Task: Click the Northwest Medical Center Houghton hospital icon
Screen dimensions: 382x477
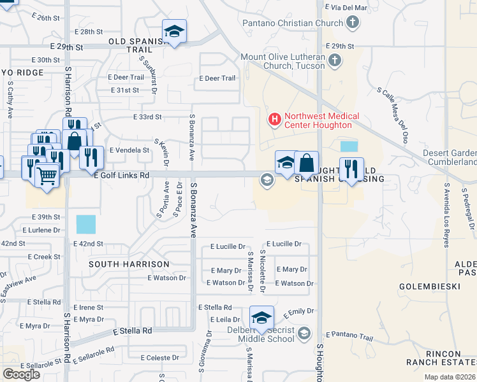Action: point(275,118)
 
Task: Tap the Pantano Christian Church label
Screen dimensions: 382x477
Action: point(293,23)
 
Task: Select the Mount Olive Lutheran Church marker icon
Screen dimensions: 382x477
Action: point(334,61)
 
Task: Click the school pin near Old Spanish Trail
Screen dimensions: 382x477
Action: point(173,31)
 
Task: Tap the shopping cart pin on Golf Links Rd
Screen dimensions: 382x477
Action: point(47,174)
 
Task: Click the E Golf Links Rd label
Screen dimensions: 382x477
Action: point(121,175)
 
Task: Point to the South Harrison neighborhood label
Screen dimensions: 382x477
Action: point(129,264)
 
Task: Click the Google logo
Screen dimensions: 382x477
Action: point(21,374)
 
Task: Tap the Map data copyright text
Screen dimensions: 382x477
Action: point(450,377)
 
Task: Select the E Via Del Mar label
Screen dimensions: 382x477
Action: point(347,8)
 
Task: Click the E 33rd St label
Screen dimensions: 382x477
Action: point(148,117)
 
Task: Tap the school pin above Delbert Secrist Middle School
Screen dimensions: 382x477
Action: point(261,316)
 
